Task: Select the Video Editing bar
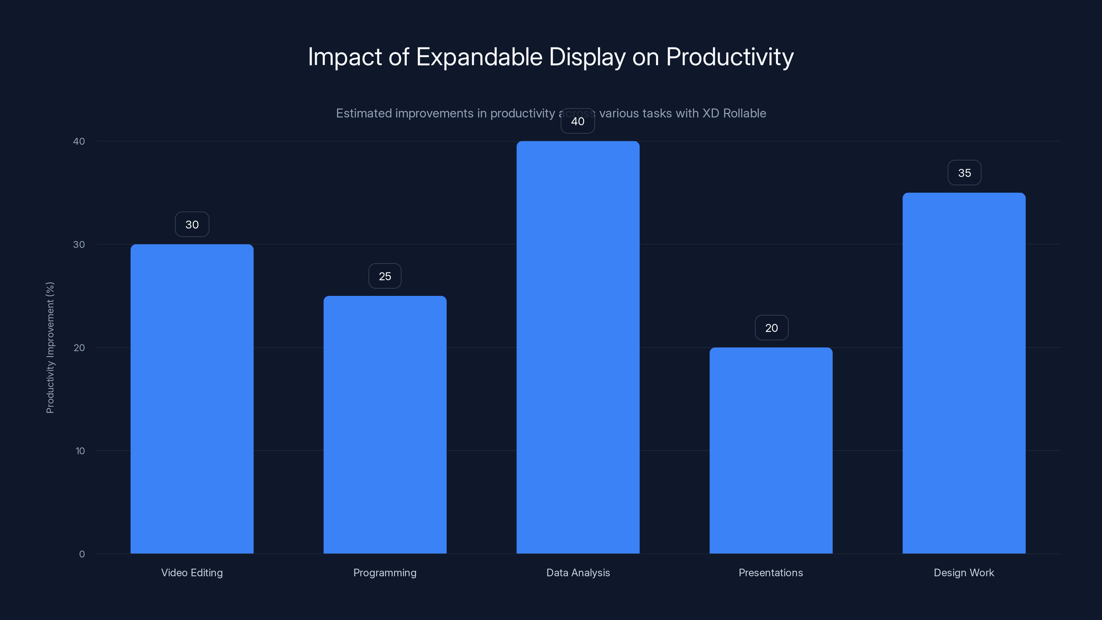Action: pos(192,399)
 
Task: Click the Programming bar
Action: pos(385,424)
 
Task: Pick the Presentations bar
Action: pos(771,450)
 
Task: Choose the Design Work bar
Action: pos(964,373)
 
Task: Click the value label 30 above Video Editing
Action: pos(192,225)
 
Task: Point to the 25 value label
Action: pos(385,276)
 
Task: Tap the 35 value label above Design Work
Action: pos(964,173)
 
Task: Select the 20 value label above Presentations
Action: pos(771,328)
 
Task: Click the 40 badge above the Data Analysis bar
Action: pos(578,122)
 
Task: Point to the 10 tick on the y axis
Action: pos(80,451)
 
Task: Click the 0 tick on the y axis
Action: pos(82,554)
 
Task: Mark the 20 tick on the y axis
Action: pos(79,348)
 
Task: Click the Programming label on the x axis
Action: pos(385,573)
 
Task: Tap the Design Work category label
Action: pos(964,573)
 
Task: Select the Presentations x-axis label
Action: pos(770,573)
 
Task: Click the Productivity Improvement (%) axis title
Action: pos(50,348)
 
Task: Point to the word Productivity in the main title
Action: pos(729,57)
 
